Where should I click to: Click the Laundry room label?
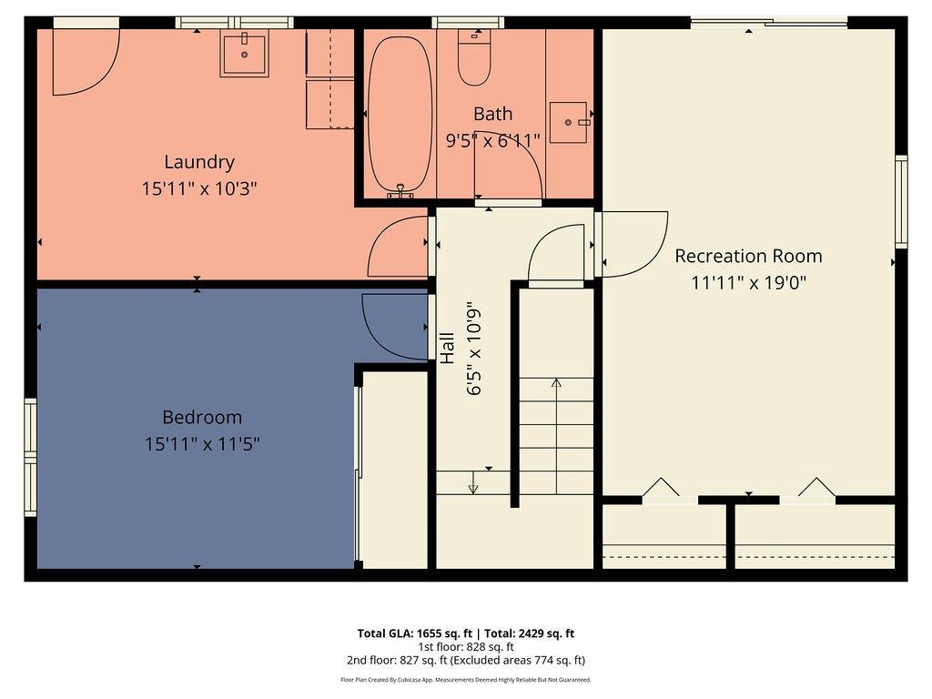tap(199, 162)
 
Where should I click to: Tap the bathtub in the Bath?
tap(400, 114)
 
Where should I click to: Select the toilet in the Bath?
tap(473, 58)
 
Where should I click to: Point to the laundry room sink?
tap(244, 55)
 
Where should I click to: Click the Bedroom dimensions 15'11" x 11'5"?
tap(202, 444)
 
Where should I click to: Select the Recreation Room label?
tap(748, 256)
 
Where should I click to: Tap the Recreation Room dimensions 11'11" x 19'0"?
tap(748, 282)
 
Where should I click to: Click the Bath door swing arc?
tap(514, 168)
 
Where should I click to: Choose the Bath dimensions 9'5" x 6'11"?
tap(492, 140)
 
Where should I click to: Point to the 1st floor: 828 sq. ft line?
tap(465, 647)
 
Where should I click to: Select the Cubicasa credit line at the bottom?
tap(465, 680)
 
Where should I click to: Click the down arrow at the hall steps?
tap(472, 484)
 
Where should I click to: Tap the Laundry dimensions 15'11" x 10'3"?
tap(199, 189)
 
